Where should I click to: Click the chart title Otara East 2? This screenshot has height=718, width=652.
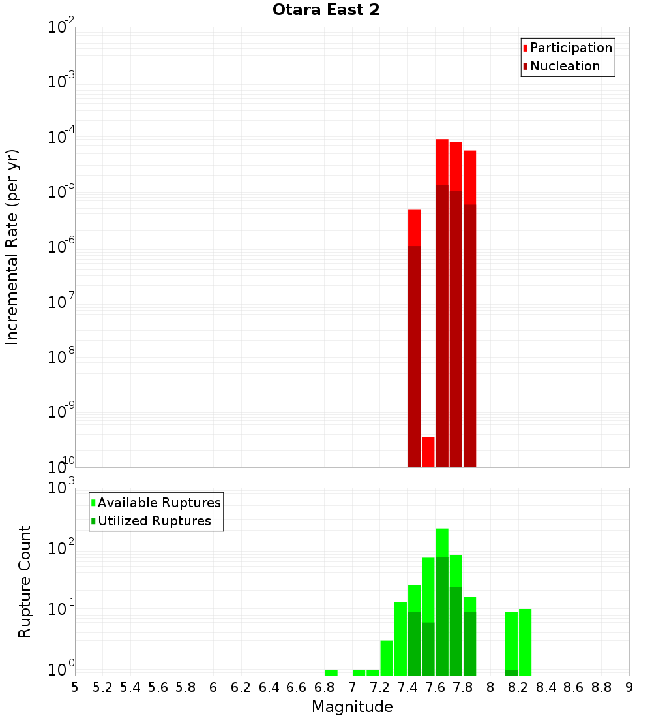326,10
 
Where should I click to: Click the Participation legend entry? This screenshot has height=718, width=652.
570,48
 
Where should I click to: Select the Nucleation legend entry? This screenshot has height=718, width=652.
564,66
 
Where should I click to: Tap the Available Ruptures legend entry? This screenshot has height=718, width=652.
158,503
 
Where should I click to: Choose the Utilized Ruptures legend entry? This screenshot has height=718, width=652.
153,521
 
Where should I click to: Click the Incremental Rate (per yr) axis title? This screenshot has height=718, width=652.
12,247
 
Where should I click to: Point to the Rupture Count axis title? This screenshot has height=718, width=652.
25,582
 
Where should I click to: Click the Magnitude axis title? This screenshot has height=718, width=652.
352,707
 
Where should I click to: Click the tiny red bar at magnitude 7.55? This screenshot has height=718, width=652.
428,452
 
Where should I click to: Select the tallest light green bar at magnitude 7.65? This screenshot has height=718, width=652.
442,542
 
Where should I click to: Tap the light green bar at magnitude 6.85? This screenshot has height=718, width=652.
331,672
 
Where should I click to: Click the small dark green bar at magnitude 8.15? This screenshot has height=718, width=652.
511,672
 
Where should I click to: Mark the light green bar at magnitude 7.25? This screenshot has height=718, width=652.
387,658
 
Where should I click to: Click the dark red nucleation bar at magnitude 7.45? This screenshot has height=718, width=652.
414,356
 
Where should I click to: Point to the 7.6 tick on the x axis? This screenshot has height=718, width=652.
436,687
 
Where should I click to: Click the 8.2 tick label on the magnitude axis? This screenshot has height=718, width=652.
518,687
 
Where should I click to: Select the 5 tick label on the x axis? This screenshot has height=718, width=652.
75,687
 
